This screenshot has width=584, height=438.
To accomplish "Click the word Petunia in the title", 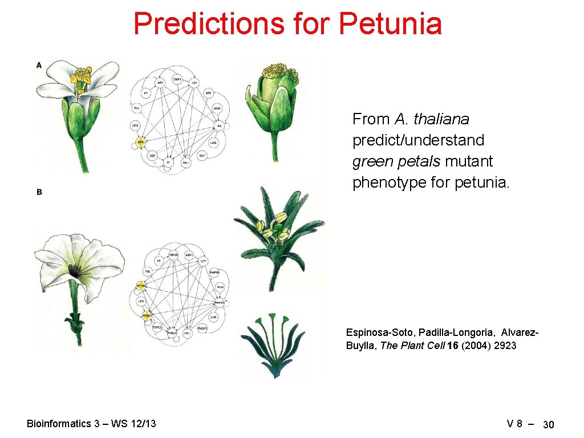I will tap(390, 24).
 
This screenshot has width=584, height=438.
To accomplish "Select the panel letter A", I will tap(39, 65).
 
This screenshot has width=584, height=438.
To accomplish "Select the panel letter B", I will tap(39, 192).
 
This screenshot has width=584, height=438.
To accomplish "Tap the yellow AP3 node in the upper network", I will tap(140, 141).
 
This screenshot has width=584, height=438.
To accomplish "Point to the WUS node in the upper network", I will tap(217, 108).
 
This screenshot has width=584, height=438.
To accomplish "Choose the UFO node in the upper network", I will tap(135, 125).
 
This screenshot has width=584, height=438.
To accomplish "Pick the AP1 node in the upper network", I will tap(160, 83).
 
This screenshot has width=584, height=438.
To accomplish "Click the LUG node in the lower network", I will tap(213, 317).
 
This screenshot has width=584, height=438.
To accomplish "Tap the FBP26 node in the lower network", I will tap(173, 254).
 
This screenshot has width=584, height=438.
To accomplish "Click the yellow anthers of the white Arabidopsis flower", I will tap(82, 77).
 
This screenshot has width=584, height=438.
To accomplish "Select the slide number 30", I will tap(549, 425).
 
